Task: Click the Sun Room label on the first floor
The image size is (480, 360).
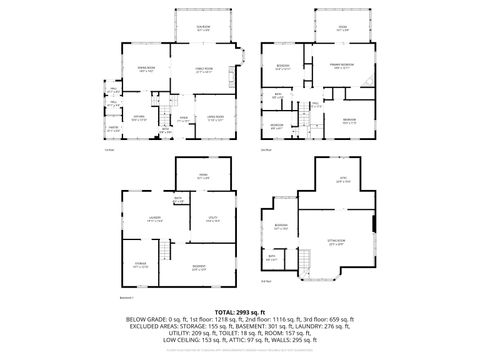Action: click(x=203, y=27)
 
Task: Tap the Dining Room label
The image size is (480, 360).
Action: click(x=145, y=69)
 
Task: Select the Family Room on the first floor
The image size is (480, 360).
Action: click(x=204, y=70)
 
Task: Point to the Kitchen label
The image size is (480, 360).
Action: click(x=140, y=118)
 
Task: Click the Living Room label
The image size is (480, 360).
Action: click(x=214, y=119)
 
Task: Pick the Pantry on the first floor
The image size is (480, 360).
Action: click(x=114, y=128)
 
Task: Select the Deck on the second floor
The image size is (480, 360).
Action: click(x=343, y=27)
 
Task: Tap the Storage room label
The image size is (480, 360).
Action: click(x=142, y=266)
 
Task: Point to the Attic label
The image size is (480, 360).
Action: click(x=341, y=180)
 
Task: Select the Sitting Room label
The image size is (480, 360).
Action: click(x=336, y=242)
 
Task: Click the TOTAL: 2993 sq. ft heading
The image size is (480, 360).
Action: click(x=240, y=312)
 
